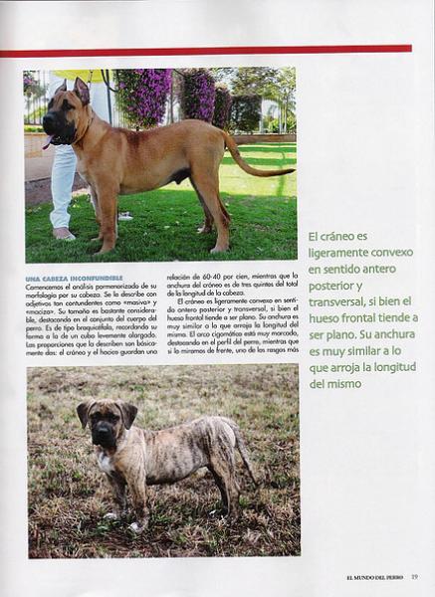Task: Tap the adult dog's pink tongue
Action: (x=48, y=142)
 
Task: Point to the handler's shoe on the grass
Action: (x=64, y=234)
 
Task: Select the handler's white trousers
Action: (x=63, y=184)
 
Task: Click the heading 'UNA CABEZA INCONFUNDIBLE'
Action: (x=75, y=278)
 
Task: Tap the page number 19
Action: (x=414, y=576)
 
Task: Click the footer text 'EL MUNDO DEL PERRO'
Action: (x=375, y=576)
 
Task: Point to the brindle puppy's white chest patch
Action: (x=105, y=463)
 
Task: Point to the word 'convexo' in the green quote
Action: (x=386, y=253)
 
